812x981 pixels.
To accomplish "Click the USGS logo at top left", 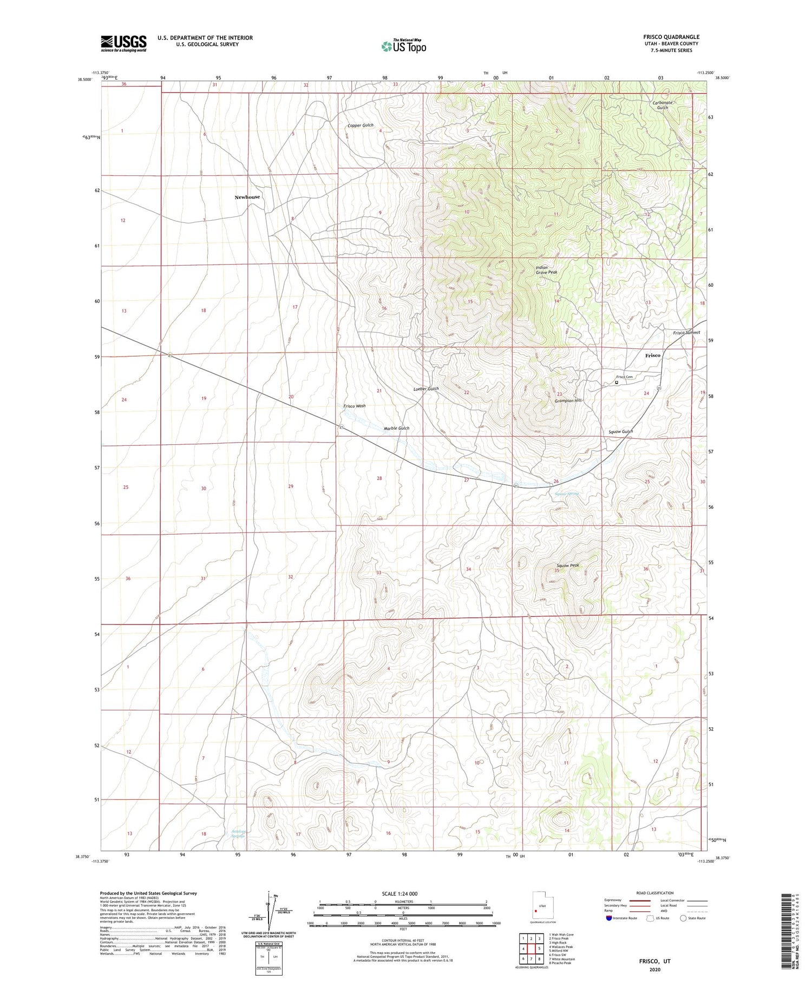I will point(123,43).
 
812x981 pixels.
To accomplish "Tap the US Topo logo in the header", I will point(403,47).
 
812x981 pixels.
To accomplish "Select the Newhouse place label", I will point(247,197).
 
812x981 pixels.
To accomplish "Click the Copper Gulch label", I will point(360,126).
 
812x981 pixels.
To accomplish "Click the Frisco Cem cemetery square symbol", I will point(617,382).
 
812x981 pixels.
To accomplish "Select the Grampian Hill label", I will point(568,400).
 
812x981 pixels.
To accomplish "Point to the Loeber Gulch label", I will point(425,389).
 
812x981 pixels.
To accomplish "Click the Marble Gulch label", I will point(396,428).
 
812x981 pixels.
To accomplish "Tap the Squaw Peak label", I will point(567,565).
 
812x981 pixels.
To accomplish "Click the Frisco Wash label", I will point(354,406).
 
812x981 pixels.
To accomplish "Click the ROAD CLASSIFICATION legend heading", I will point(655,893).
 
